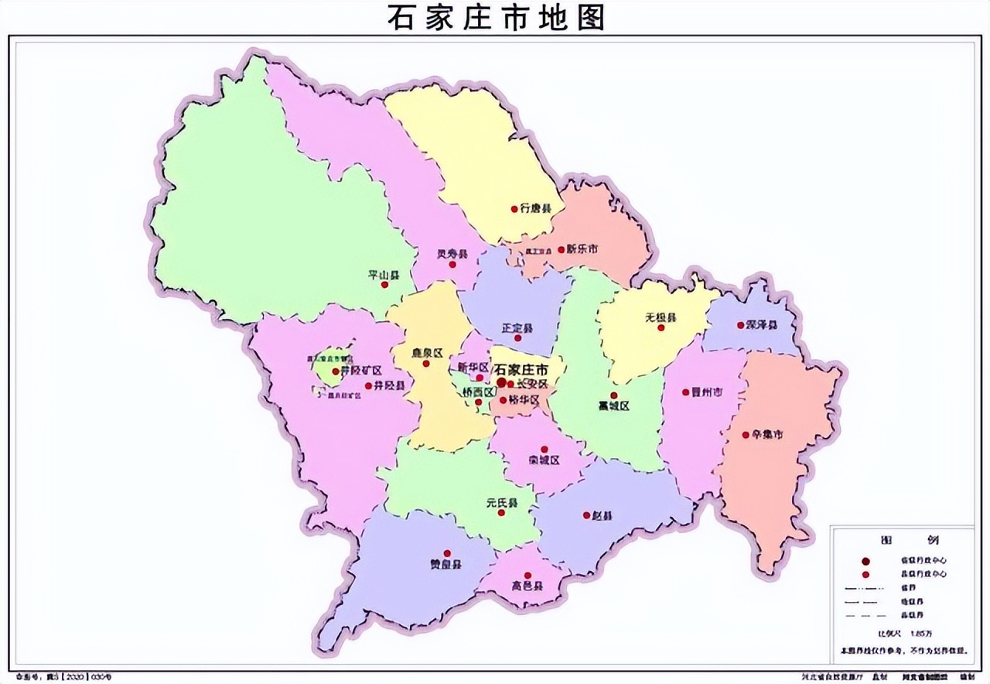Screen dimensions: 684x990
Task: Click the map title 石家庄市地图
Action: pos(496,17)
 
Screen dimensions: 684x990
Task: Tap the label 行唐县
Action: pos(535,209)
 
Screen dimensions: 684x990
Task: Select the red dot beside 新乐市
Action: pos(561,249)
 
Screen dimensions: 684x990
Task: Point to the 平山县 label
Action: pos(383,275)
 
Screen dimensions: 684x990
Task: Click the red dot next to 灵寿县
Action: pos(452,265)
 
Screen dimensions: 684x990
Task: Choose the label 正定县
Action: pos(517,328)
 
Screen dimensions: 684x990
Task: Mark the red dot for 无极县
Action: pos(661,328)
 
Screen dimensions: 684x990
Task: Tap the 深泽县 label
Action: pos(762,325)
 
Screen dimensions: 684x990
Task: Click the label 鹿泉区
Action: pos(426,353)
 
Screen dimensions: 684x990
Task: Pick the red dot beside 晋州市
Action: pos(685,392)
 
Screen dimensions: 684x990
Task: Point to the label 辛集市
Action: pos(767,435)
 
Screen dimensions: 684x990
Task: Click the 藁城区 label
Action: pos(614,406)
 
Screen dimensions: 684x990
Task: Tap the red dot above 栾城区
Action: pos(544,449)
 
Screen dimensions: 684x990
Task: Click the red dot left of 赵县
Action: pos(585,515)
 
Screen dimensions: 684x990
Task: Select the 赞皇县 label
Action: pos(446,565)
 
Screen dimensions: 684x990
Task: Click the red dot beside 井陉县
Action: pos(369,385)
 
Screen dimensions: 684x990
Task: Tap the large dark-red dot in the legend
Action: pos(866,560)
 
